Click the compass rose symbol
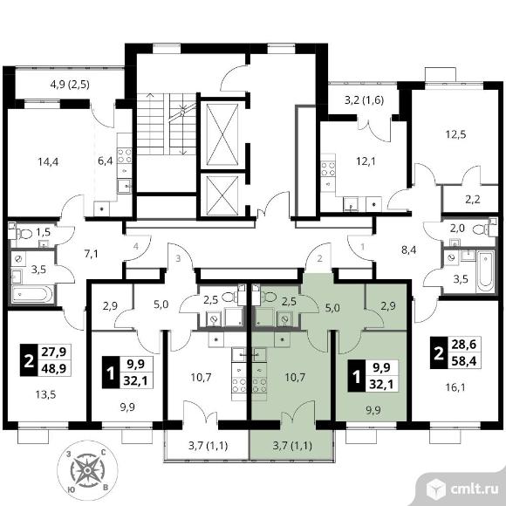[87, 470]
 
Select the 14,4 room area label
[48, 161]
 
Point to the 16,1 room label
[455, 387]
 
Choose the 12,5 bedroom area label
[455, 134]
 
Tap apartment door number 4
[136, 247]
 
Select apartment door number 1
[362, 247]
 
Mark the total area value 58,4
[464, 361]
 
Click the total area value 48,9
[54, 368]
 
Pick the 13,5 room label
[46, 394]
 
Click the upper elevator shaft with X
[222, 134]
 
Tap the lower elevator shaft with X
[222, 195]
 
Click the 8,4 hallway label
[408, 250]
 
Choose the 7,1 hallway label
[92, 254]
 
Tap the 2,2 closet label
[473, 200]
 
